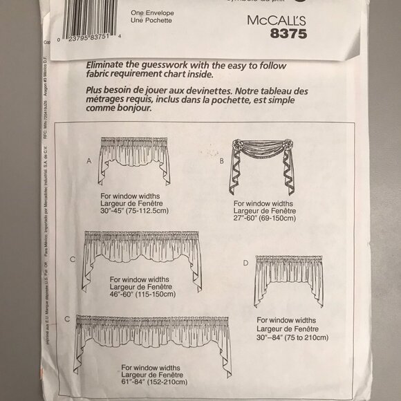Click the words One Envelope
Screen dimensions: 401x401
(x=150, y=12)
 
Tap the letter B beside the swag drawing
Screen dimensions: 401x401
(x=221, y=160)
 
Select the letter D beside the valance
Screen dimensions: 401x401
(x=245, y=263)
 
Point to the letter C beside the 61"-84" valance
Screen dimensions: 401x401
(x=66, y=319)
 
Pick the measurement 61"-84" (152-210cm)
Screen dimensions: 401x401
(x=153, y=381)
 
